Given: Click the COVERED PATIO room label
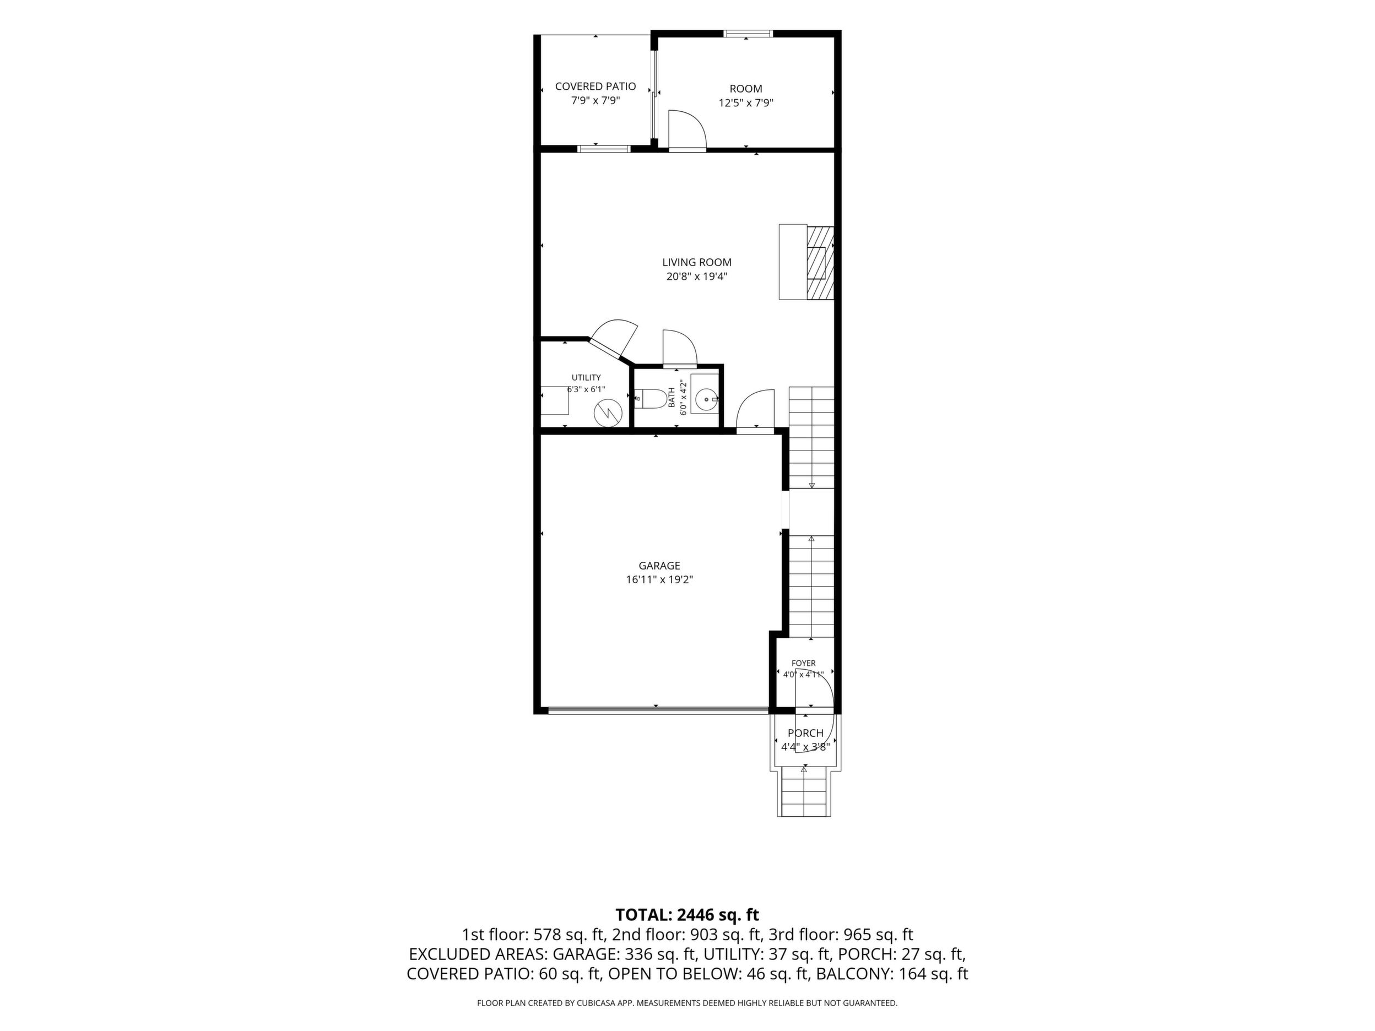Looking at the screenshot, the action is tap(596, 86).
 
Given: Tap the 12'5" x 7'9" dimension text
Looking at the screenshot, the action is tap(746, 103).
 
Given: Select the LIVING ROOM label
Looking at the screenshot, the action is tap(697, 262).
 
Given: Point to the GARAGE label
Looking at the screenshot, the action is tap(659, 566).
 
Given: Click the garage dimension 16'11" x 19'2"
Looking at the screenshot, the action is tap(659, 580).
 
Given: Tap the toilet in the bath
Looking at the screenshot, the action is tap(650, 398).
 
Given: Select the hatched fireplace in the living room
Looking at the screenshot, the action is tap(820, 263).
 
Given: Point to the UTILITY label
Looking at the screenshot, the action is tap(586, 377).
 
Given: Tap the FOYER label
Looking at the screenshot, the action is tap(804, 663).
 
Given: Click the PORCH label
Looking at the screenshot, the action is tap(805, 734).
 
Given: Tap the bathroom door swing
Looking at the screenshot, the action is tap(680, 348).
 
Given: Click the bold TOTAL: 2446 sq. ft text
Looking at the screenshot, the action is tap(687, 915).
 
